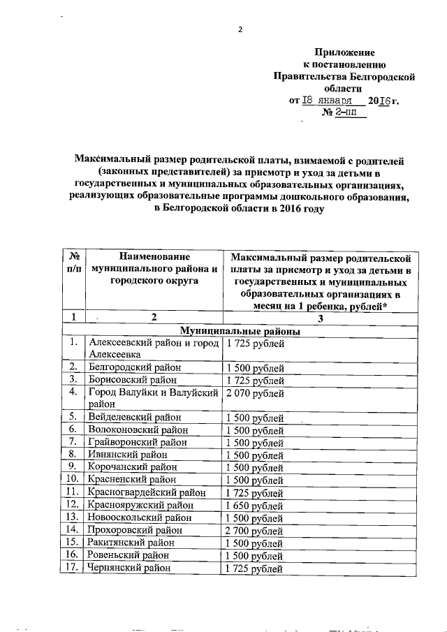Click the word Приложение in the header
pyautogui.click(x=344, y=52)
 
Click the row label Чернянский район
pyautogui.click(x=130, y=568)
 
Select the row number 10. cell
pyautogui.click(x=72, y=479)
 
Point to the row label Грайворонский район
pyautogui.click(x=137, y=442)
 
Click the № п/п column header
pyautogui.click(x=72, y=263)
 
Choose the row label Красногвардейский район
pyautogui.click(x=146, y=492)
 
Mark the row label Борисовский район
pyautogui.click(x=132, y=381)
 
